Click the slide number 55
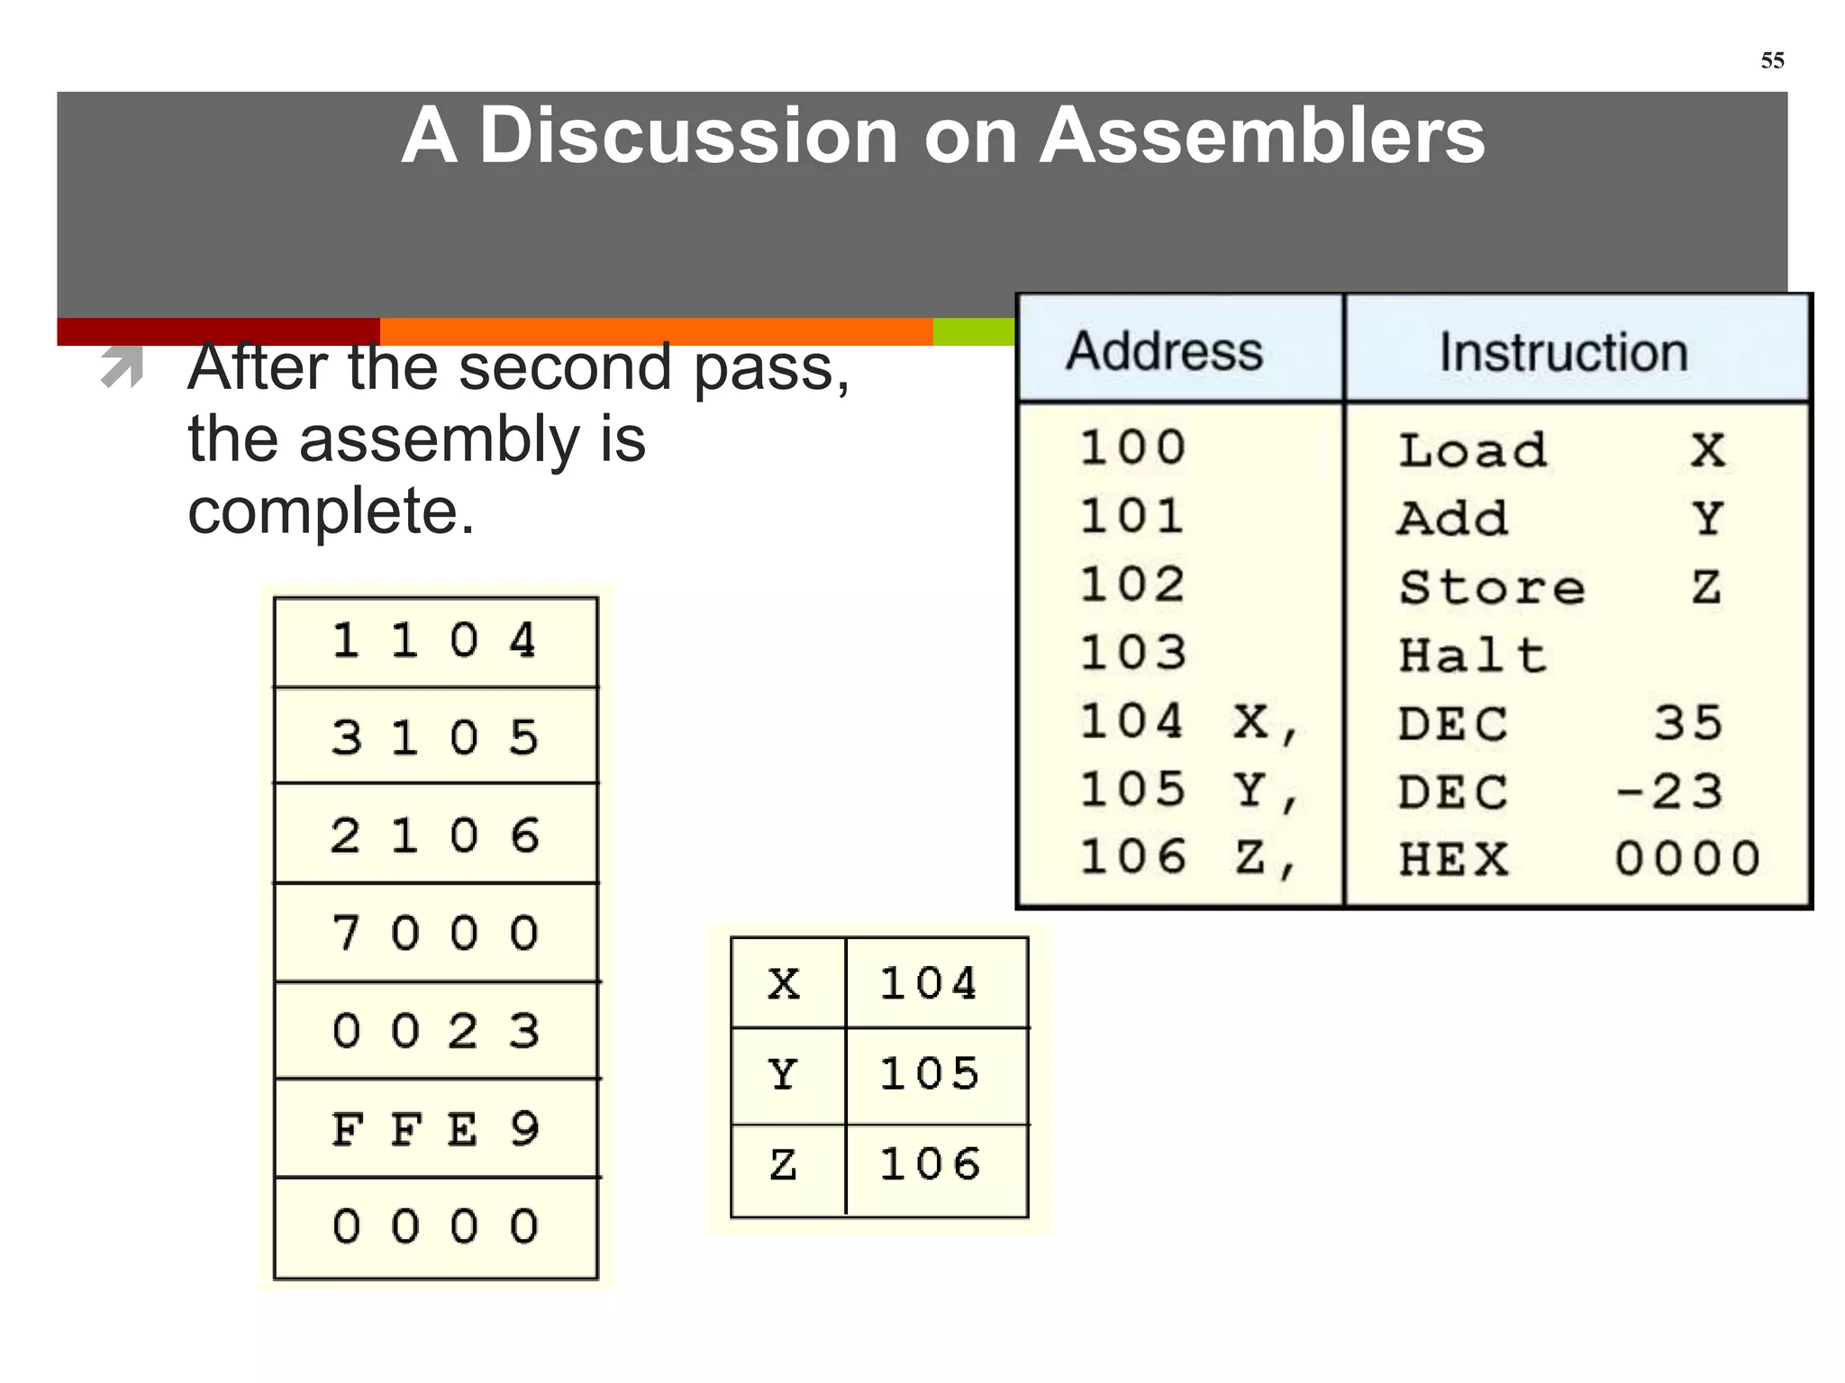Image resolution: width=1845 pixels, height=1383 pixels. (1772, 60)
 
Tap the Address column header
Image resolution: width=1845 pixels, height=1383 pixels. (1165, 350)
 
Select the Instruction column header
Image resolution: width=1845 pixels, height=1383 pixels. (1563, 352)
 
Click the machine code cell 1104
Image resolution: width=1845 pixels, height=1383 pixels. (435, 641)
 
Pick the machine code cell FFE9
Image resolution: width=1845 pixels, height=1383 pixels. (435, 1129)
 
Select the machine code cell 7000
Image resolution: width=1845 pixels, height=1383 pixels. (435, 933)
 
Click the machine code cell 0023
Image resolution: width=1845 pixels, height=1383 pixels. (435, 1031)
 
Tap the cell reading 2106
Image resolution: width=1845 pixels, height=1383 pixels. (435, 836)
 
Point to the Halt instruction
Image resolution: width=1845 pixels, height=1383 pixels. (1472, 655)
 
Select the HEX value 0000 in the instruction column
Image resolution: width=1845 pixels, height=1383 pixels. (1686, 858)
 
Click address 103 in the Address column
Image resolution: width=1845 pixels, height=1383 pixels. (1133, 653)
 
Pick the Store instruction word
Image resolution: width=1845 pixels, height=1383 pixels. (1491, 587)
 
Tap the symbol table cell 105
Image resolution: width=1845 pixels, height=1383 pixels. (930, 1073)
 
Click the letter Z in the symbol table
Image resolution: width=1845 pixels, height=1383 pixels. (783, 1165)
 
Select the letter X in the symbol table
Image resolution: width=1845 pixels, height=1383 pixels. (784, 983)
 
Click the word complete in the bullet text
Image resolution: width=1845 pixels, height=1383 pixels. (330, 511)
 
